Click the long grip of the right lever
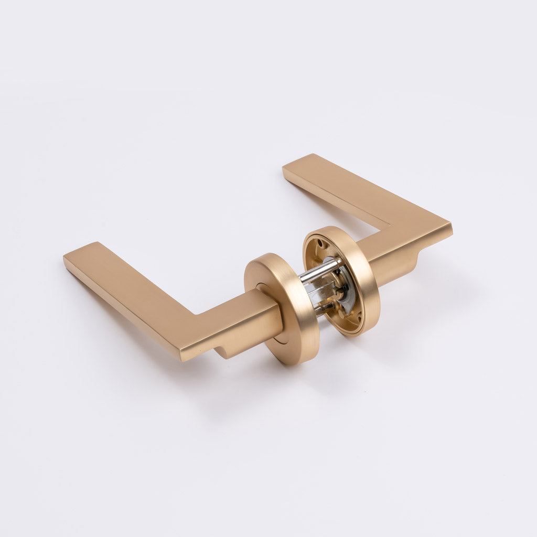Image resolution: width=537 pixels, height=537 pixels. point(341,189)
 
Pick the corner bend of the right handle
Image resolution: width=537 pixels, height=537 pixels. point(420,225)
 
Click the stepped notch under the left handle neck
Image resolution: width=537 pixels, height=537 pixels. point(223,351)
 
